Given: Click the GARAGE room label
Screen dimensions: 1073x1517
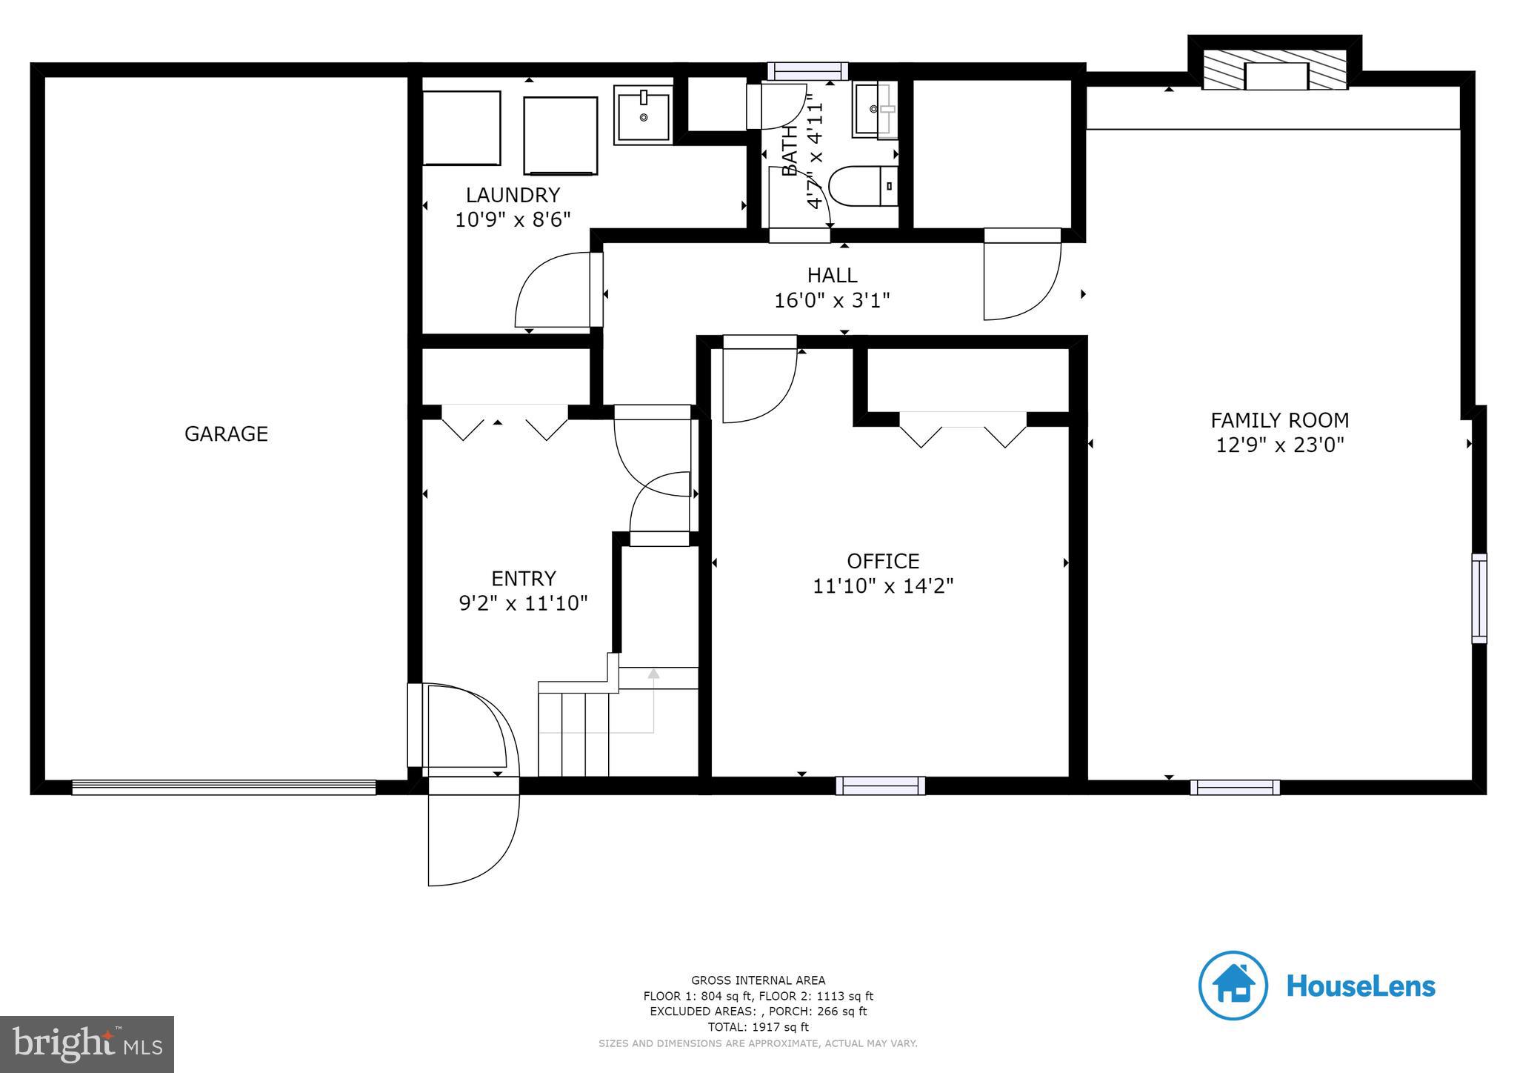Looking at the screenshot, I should click(x=226, y=433).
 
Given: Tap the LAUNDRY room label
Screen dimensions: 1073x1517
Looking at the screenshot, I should click(x=513, y=195).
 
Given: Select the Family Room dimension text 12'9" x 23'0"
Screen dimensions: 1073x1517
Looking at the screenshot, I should click(x=1279, y=445).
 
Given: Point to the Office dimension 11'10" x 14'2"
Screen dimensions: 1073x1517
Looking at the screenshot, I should click(x=883, y=585).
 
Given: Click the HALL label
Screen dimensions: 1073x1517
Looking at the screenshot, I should click(x=832, y=275).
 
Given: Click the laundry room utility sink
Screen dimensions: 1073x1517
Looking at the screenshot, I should click(x=643, y=114).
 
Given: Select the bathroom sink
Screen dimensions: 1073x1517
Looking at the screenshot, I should click(x=875, y=110).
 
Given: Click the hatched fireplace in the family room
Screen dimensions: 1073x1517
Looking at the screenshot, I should click(x=1275, y=71).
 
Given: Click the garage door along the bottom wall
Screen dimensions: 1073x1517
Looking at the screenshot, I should click(x=224, y=787).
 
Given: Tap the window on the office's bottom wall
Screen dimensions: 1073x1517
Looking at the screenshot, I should click(x=880, y=785).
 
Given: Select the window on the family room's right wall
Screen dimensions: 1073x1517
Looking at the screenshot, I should click(x=1478, y=598).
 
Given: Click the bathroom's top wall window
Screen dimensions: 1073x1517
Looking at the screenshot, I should click(x=807, y=70).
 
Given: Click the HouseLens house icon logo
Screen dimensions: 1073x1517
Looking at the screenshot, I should click(x=1233, y=986).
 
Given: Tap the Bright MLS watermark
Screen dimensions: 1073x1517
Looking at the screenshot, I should click(x=87, y=1044).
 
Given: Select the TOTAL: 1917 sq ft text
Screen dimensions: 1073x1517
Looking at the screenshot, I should click(x=758, y=1027).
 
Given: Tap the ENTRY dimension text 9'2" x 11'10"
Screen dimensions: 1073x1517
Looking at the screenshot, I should click(x=523, y=602).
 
